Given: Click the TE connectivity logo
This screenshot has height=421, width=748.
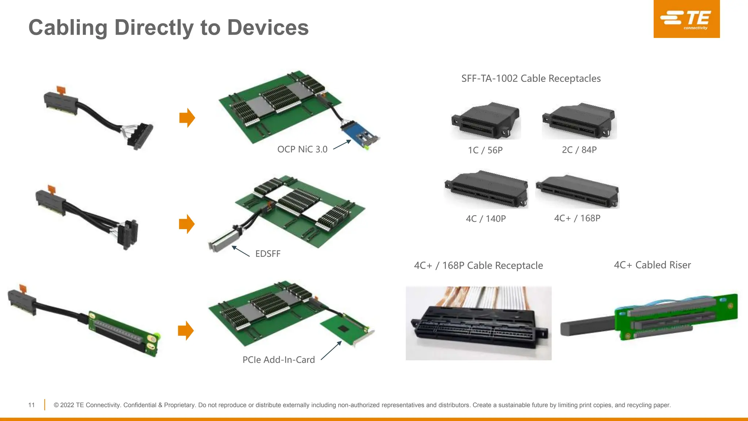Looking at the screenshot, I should click(x=686, y=19).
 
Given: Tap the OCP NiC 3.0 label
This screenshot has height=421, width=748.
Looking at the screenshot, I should click(x=302, y=149).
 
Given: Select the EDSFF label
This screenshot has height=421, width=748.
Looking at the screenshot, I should click(x=268, y=254).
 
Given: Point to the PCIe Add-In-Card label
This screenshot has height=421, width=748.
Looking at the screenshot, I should click(x=278, y=360).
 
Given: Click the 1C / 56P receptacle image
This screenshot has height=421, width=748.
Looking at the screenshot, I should click(x=486, y=121).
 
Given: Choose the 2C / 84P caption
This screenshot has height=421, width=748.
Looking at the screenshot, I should click(x=579, y=150).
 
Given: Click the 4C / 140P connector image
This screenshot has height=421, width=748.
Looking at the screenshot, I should click(x=486, y=189).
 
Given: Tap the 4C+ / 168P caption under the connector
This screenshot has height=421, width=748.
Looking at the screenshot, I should click(x=577, y=218).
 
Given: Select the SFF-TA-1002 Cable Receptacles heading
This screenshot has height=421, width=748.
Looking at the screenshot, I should click(x=531, y=79).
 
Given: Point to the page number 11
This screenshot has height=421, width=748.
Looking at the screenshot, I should click(x=31, y=405).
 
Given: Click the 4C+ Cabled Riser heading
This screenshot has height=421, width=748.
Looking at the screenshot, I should click(x=652, y=265).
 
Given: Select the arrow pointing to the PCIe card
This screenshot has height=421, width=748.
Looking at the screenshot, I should click(x=331, y=350).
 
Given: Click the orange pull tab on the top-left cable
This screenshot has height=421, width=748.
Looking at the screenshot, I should click(x=61, y=90).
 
